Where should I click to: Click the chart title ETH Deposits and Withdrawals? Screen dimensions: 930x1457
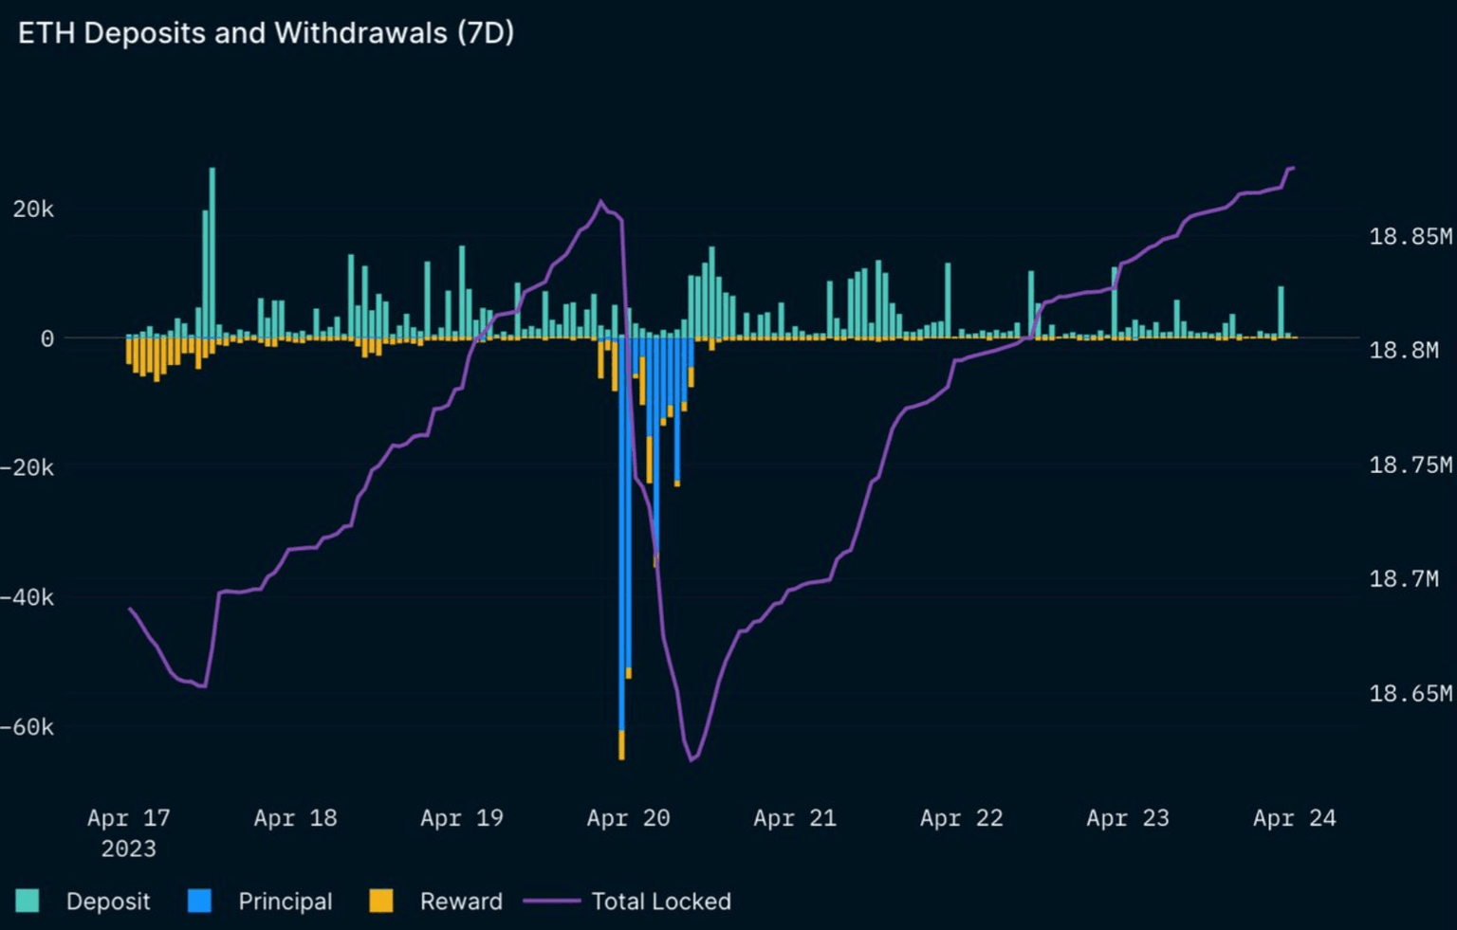coord(266,33)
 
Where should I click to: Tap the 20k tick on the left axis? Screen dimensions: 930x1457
coord(33,210)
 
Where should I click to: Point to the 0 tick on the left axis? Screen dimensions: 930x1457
coord(46,338)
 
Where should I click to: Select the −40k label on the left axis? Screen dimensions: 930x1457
coord(28,597)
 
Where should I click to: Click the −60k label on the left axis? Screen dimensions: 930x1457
coord(28,727)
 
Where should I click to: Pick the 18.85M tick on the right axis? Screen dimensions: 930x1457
coord(1410,236)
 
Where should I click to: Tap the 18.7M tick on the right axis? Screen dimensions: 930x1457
coord(1403,578)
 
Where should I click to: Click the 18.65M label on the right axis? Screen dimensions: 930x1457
coord(1410,693)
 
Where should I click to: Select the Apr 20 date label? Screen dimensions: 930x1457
coord(628,818)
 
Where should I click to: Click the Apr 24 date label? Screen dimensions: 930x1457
coord(1294,818)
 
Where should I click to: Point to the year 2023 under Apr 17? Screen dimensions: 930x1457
coord(128,848)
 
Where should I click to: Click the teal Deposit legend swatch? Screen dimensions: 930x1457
coord(28,901)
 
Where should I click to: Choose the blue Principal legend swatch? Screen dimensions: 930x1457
coord(199,901)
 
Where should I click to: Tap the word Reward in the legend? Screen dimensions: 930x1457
coord(461,902)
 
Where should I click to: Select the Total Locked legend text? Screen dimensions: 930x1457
coord(661,902)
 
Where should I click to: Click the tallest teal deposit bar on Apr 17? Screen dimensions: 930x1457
coord(212,251)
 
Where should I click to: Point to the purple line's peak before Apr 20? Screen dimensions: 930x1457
coord(600,201)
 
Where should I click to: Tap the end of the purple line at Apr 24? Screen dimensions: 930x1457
coord(1293,169)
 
